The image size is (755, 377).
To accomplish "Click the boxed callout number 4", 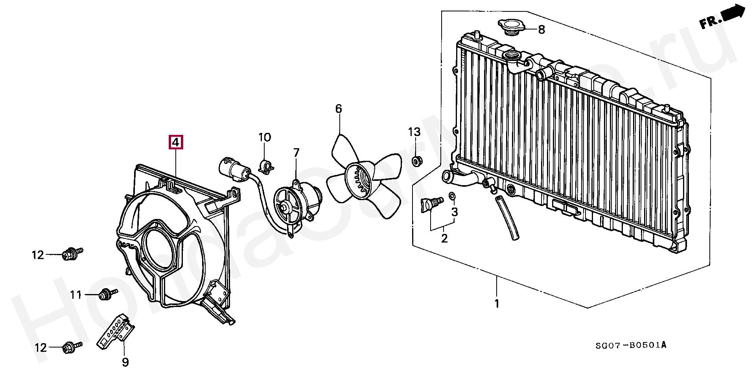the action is [176, 142].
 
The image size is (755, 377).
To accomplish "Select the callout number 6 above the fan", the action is [339, 109].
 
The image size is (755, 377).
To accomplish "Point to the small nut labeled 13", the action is [416, 161].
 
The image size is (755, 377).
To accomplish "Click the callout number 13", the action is [414, 132].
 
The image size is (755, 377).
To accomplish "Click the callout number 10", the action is [265, 138].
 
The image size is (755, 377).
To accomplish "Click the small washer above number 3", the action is [452, 196].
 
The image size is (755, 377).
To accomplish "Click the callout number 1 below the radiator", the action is [497, 303].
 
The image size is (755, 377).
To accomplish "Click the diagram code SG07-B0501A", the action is [630, 346].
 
